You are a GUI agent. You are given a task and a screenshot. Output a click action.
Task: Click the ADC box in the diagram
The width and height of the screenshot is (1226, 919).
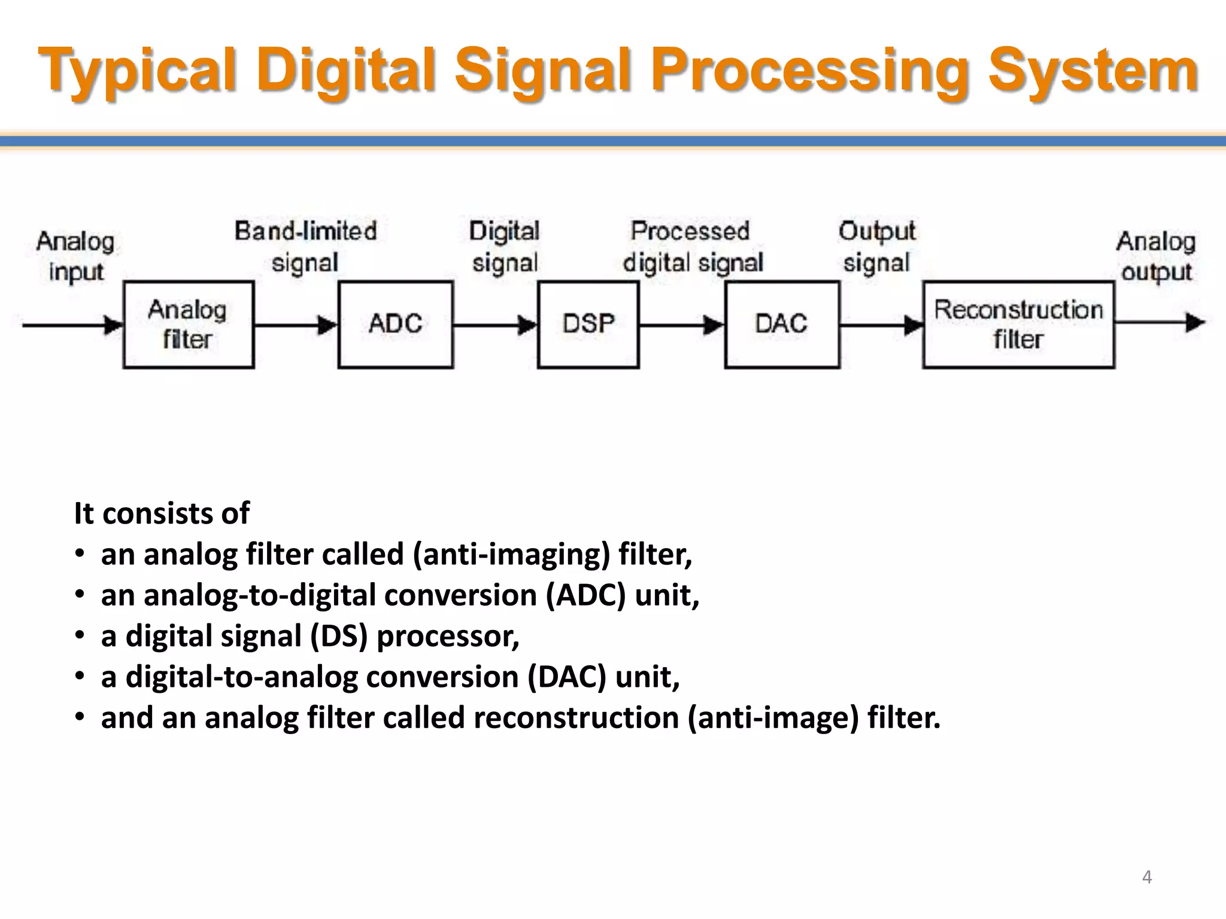click(395, 324)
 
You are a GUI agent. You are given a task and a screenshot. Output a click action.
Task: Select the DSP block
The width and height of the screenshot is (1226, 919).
click(588, 324)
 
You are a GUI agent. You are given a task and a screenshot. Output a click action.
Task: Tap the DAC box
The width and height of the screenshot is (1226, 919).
click(781, 324)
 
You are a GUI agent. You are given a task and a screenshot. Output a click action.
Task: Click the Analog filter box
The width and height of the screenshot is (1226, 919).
click(188, 324)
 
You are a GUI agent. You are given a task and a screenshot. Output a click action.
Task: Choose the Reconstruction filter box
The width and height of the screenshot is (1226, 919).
click(1018, 324)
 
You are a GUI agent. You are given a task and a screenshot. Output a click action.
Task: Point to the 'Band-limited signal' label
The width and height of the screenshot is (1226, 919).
click(305, 247)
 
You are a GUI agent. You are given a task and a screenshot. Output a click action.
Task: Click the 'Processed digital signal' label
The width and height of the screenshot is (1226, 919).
click(692, 247)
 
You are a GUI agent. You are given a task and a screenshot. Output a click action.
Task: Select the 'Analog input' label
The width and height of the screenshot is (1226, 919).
click(75, 256)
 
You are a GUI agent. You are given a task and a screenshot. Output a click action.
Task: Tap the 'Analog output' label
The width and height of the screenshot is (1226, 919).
click(1155, 256)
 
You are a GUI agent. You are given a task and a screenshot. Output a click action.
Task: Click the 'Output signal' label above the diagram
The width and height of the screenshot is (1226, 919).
click(876, 247)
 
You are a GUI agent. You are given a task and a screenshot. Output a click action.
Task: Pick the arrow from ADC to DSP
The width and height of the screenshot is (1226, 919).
click(495, 325)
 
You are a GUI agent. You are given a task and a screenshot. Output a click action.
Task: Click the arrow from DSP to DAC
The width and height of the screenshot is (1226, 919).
click(681, 325)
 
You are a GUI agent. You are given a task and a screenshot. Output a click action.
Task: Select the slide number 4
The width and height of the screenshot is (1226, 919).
click(1146, 877)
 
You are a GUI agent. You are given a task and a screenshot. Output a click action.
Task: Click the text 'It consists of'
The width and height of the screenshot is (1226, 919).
click(161, 513)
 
